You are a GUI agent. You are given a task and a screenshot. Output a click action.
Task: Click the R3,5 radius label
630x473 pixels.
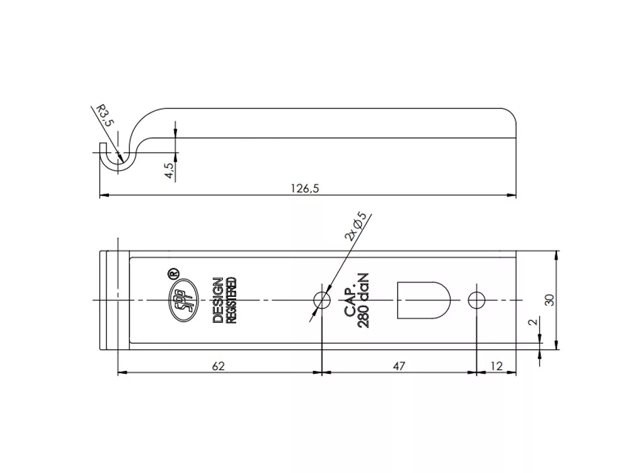104,116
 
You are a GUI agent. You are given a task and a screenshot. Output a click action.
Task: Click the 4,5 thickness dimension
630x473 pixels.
169,170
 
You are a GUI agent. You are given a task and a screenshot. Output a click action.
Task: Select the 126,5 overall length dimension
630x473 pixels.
305,188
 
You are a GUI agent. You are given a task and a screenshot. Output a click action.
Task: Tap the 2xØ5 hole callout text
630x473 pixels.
356,226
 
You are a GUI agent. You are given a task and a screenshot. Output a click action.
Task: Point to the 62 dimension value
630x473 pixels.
218,366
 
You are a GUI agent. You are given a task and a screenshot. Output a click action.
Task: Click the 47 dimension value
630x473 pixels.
399,366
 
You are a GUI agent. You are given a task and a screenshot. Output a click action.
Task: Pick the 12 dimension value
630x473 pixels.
496,366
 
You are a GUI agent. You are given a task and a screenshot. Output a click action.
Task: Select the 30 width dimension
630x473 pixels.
549,300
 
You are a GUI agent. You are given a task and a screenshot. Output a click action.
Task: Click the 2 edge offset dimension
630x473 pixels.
533,322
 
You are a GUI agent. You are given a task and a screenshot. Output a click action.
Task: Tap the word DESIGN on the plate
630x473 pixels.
218,300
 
